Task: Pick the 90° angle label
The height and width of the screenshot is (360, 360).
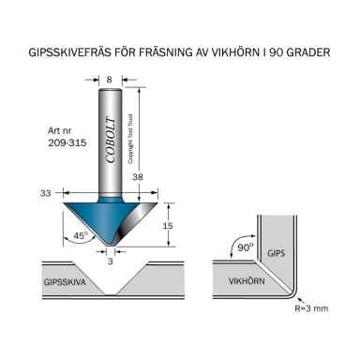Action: point(245,247)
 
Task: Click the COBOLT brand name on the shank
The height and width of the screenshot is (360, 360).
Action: point(110,141)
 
